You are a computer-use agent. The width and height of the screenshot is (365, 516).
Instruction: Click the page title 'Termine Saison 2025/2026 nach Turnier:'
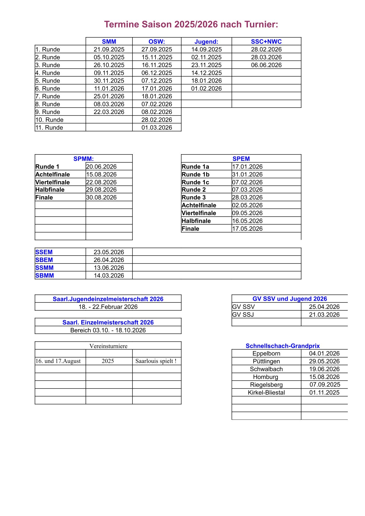coord(191,25)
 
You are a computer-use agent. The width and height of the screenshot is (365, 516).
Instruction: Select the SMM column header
coord(109,42)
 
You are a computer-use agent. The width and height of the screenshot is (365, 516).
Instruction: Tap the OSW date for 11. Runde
coord(157,127)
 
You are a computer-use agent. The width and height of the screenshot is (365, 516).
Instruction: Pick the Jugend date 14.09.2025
coord(206,49)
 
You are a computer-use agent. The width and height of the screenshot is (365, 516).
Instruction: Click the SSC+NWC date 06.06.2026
coord(266,65)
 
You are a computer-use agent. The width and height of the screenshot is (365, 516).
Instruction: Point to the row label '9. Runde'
coord(48,112)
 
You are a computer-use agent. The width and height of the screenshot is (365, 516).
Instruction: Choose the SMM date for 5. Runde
coord(109,81)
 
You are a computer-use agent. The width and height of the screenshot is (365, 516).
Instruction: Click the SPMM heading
coord(83,159)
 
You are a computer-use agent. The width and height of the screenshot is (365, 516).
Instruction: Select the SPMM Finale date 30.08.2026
coord(102,197)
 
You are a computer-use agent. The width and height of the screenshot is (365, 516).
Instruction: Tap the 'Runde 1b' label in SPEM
coord(195,174)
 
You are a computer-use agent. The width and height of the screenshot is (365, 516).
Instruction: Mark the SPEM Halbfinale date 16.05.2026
coord(247,221)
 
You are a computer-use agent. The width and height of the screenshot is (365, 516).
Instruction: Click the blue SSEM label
coord(44,252)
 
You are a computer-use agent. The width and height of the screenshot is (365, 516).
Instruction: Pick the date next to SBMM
coord(109,275)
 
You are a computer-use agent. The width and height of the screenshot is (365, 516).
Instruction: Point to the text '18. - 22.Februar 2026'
coord(108,307)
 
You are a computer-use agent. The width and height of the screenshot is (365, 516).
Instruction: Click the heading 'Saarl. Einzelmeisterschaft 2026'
coord(108,322)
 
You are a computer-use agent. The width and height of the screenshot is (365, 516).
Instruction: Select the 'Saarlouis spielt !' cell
coord(156,361)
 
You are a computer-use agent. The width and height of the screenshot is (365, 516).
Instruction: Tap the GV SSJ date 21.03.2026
coord(324,315)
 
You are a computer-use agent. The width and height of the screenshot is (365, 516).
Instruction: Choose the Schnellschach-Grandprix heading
coord(282,346)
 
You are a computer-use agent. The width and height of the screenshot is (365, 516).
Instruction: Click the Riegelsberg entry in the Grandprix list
coord(266,385)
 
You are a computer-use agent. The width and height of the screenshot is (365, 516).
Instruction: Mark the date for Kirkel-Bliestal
coord(324,393)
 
